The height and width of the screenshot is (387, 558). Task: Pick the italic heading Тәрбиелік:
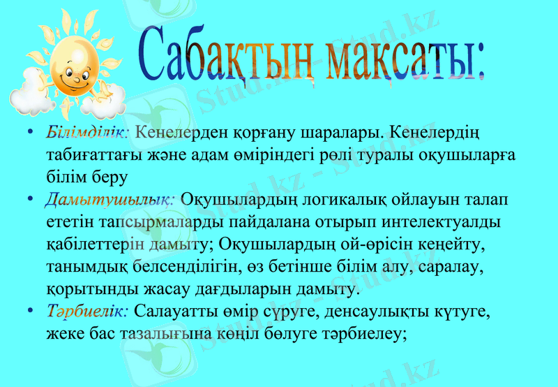click(x=86, y=310)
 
